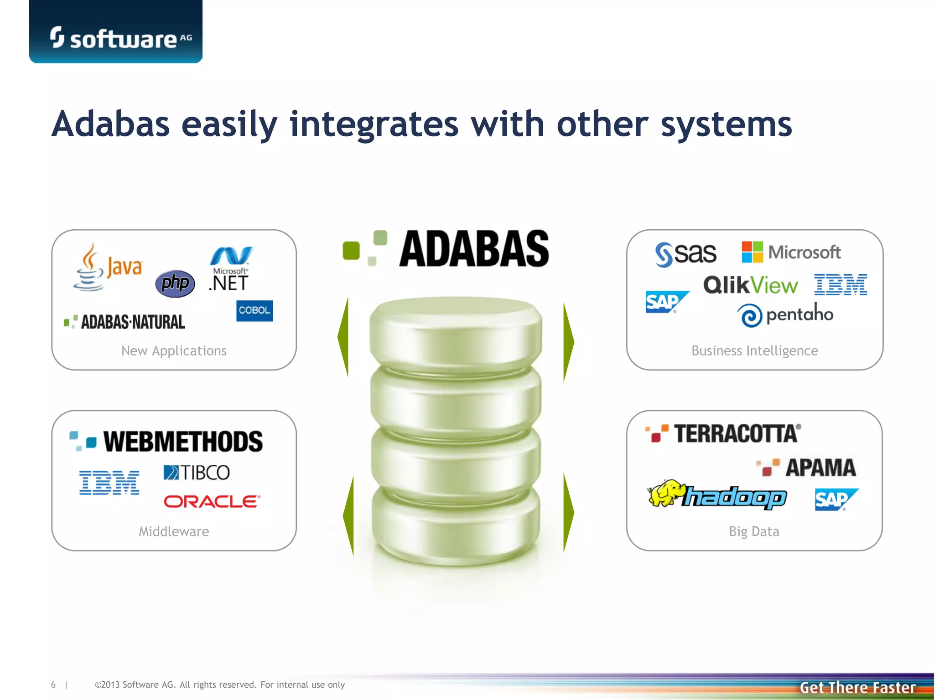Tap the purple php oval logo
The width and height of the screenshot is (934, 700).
tap(175, 283)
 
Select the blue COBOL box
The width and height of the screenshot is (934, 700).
tap(254, 311)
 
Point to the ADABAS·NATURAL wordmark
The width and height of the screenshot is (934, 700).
tap(125, 322)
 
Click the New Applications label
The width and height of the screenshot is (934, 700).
tap(174, 351)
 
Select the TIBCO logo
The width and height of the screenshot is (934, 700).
tap(197, 473)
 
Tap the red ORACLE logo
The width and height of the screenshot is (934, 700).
tap(212, 502)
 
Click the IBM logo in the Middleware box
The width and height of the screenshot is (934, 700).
tap(109, 483)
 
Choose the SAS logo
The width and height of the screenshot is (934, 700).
tap(685, 254)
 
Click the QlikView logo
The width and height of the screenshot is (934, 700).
tap(751, 285)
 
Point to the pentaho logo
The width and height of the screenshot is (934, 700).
tap(785, 314)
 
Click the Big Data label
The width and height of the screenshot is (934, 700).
tap(754, 531)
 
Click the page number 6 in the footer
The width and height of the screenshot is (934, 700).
tap(53, 685)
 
